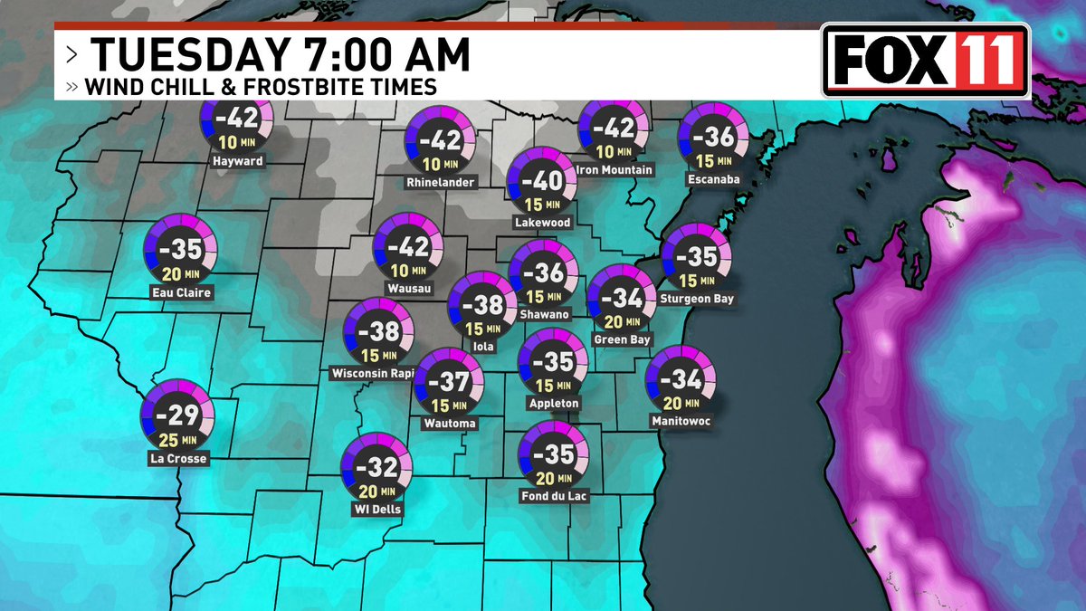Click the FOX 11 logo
926,60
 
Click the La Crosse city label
177,459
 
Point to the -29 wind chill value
177,416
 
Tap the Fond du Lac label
555,496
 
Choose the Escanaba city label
714,179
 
